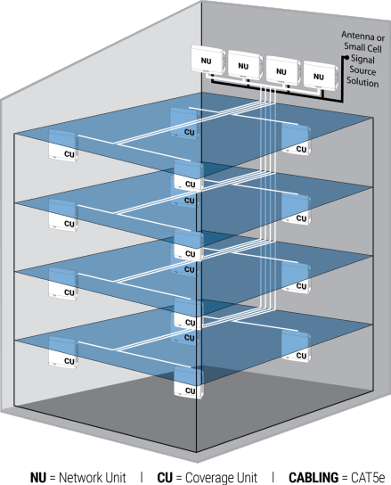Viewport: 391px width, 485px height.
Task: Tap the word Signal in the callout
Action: tap(362, 59)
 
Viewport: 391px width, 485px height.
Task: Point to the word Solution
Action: tap(362, 82)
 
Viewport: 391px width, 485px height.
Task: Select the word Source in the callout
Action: tap(362, 70)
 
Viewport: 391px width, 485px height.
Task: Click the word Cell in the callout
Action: tap(375, 48)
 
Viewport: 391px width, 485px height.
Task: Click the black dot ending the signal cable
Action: tap(346, 57)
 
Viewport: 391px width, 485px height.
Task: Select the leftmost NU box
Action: tap(208, 60)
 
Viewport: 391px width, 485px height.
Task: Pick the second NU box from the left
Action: tap(245, 65)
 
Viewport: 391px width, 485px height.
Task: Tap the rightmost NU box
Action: tap(321, 76)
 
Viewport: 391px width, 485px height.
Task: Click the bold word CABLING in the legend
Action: tap(314, 477)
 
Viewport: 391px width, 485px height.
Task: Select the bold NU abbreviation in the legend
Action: tap(38, 477)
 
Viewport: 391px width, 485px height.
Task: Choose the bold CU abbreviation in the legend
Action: tap(165, 477)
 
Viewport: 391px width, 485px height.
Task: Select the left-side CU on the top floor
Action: tap(63, 145)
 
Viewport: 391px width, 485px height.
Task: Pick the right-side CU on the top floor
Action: tap(296, 139)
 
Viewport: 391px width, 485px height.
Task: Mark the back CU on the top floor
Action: tap(184, 123)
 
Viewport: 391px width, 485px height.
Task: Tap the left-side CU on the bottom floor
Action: tap(62, 352)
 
